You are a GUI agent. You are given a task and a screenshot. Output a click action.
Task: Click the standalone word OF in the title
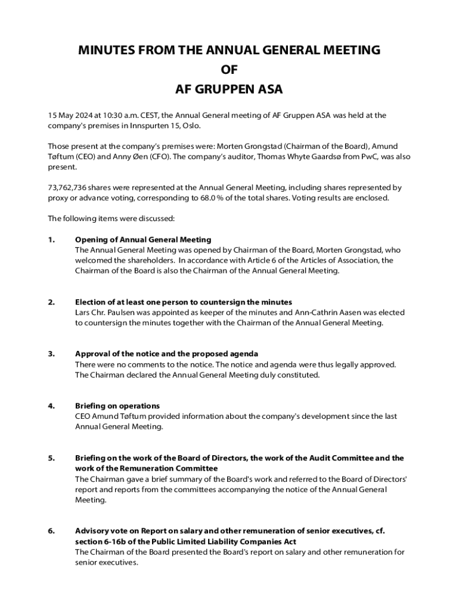pos(229,70)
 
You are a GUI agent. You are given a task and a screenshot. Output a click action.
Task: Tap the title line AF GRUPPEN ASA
pos(229,90)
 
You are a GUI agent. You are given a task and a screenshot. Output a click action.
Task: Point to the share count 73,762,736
pos(67,188)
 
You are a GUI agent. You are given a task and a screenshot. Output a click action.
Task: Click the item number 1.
pos(51,239)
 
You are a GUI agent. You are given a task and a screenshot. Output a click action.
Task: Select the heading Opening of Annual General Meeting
pos(143,239)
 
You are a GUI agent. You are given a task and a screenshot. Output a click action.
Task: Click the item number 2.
pos(51,302)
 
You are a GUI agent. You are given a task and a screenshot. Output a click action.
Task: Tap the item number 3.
pos(51,354)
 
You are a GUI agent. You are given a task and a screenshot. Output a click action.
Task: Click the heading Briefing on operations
pos(117,406)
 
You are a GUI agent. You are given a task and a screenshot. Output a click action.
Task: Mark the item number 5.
pos(51,458)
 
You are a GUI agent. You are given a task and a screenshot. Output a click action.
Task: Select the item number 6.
pos(51,531)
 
